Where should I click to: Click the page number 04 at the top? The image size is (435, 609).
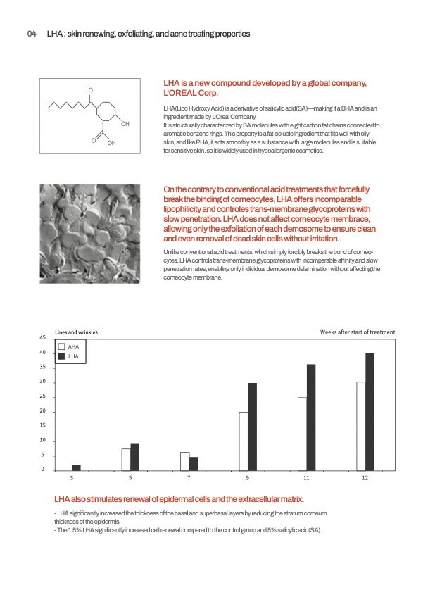pos(31,34)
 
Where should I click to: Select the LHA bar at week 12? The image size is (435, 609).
pos(370,411)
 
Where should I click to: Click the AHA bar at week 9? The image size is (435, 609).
pos(244,441)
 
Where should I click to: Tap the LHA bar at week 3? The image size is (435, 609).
pos(76,467)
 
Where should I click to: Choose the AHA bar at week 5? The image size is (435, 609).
pos(126,459)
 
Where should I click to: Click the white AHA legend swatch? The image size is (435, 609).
pos(62,346)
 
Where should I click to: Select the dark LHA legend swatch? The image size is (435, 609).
pos(62,356)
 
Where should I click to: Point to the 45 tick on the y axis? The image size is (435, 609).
pos(42,338)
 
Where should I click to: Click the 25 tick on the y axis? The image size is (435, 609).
pos(42,396)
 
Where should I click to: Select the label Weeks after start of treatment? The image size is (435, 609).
pos(358,332)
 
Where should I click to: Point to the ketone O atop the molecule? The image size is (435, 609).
pos(91,89)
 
